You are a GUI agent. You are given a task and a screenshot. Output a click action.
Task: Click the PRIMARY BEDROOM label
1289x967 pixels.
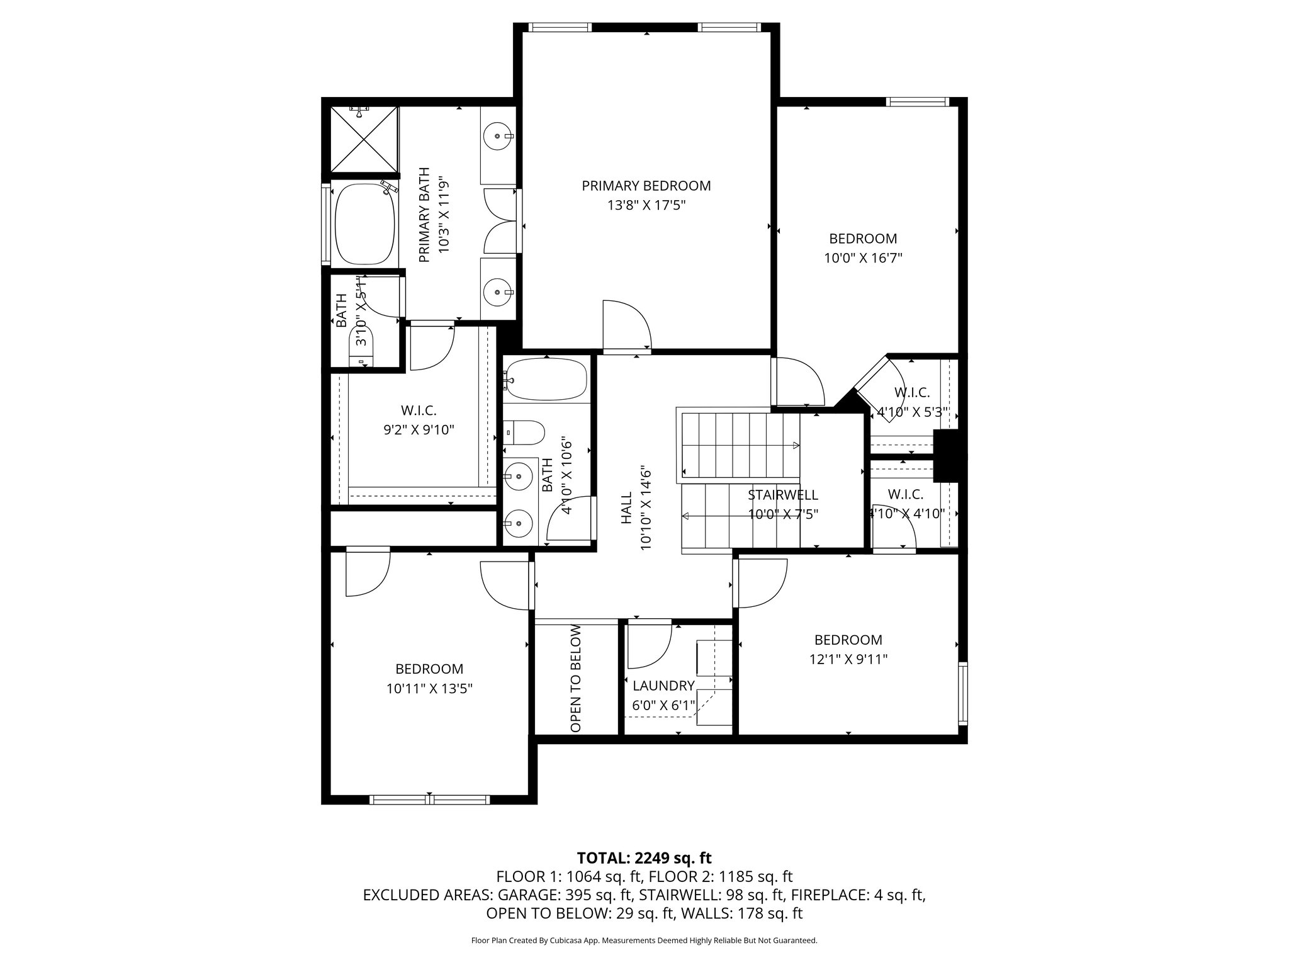(646, 186)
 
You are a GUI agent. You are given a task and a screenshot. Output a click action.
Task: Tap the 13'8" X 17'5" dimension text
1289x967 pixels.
(646, 205)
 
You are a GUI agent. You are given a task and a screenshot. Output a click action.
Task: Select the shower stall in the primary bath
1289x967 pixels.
(364, 139)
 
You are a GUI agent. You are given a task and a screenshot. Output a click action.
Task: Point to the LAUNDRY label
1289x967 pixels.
(663, 686)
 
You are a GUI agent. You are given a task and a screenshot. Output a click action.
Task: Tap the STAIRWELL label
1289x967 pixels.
(782, 495)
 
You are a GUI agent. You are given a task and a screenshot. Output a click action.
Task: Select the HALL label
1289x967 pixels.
(626, 508)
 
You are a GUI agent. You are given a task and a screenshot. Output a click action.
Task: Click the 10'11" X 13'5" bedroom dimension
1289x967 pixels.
(429, 689)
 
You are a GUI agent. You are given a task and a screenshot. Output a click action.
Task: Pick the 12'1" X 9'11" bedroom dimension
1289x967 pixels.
(848, 659)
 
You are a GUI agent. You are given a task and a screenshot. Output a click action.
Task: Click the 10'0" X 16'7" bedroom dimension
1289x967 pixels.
(862, 258)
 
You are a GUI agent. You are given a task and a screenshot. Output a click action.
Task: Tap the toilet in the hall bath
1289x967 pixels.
(525, 433)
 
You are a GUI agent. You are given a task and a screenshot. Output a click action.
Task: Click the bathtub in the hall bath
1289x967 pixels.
(546, 380)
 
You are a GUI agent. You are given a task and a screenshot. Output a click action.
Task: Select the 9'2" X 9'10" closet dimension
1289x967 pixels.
(419, 430)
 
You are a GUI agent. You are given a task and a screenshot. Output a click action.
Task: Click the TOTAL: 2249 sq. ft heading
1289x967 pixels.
(644, 857)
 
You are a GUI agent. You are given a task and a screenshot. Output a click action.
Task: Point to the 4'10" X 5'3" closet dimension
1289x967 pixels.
(912, 413)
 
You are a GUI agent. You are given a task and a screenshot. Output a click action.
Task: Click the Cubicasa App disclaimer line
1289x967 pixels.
(644, 941)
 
